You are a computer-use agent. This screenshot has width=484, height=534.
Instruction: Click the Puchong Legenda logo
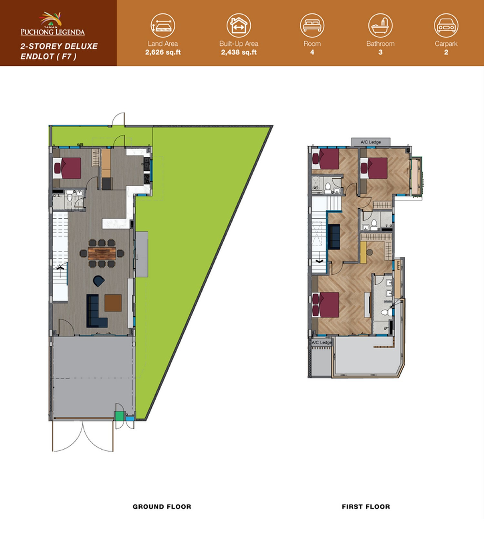[53, 24]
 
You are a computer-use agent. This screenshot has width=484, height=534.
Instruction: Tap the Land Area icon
[163, 25]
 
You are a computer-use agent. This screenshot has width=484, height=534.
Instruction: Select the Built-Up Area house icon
[238, 25]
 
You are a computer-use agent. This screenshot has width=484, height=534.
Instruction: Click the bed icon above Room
[312, 25]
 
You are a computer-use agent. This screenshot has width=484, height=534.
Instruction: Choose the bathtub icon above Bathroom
[380, 25]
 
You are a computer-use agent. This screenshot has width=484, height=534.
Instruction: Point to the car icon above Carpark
[446, 25]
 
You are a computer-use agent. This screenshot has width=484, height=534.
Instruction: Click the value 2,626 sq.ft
[163, 52]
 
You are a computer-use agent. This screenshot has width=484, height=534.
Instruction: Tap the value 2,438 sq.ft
[239, 52]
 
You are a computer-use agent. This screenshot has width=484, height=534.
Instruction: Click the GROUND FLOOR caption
[162, 507]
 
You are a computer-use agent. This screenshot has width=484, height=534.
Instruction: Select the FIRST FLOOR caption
[366, 507]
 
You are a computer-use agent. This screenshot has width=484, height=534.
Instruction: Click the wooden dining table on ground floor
[102, 253]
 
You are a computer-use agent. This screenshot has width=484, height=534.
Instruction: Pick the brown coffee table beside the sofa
[113, 303]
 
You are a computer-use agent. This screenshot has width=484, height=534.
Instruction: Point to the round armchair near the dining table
[98, 281]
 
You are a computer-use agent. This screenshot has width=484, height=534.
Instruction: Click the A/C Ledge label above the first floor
[371, 142]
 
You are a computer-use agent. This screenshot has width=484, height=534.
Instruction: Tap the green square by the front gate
[119, 416]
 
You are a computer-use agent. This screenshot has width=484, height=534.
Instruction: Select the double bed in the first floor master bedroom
[326, 305]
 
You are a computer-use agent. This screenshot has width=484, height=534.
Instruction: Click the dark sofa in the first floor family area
[334, 236]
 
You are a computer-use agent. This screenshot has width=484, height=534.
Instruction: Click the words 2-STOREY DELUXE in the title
[59, 46]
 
